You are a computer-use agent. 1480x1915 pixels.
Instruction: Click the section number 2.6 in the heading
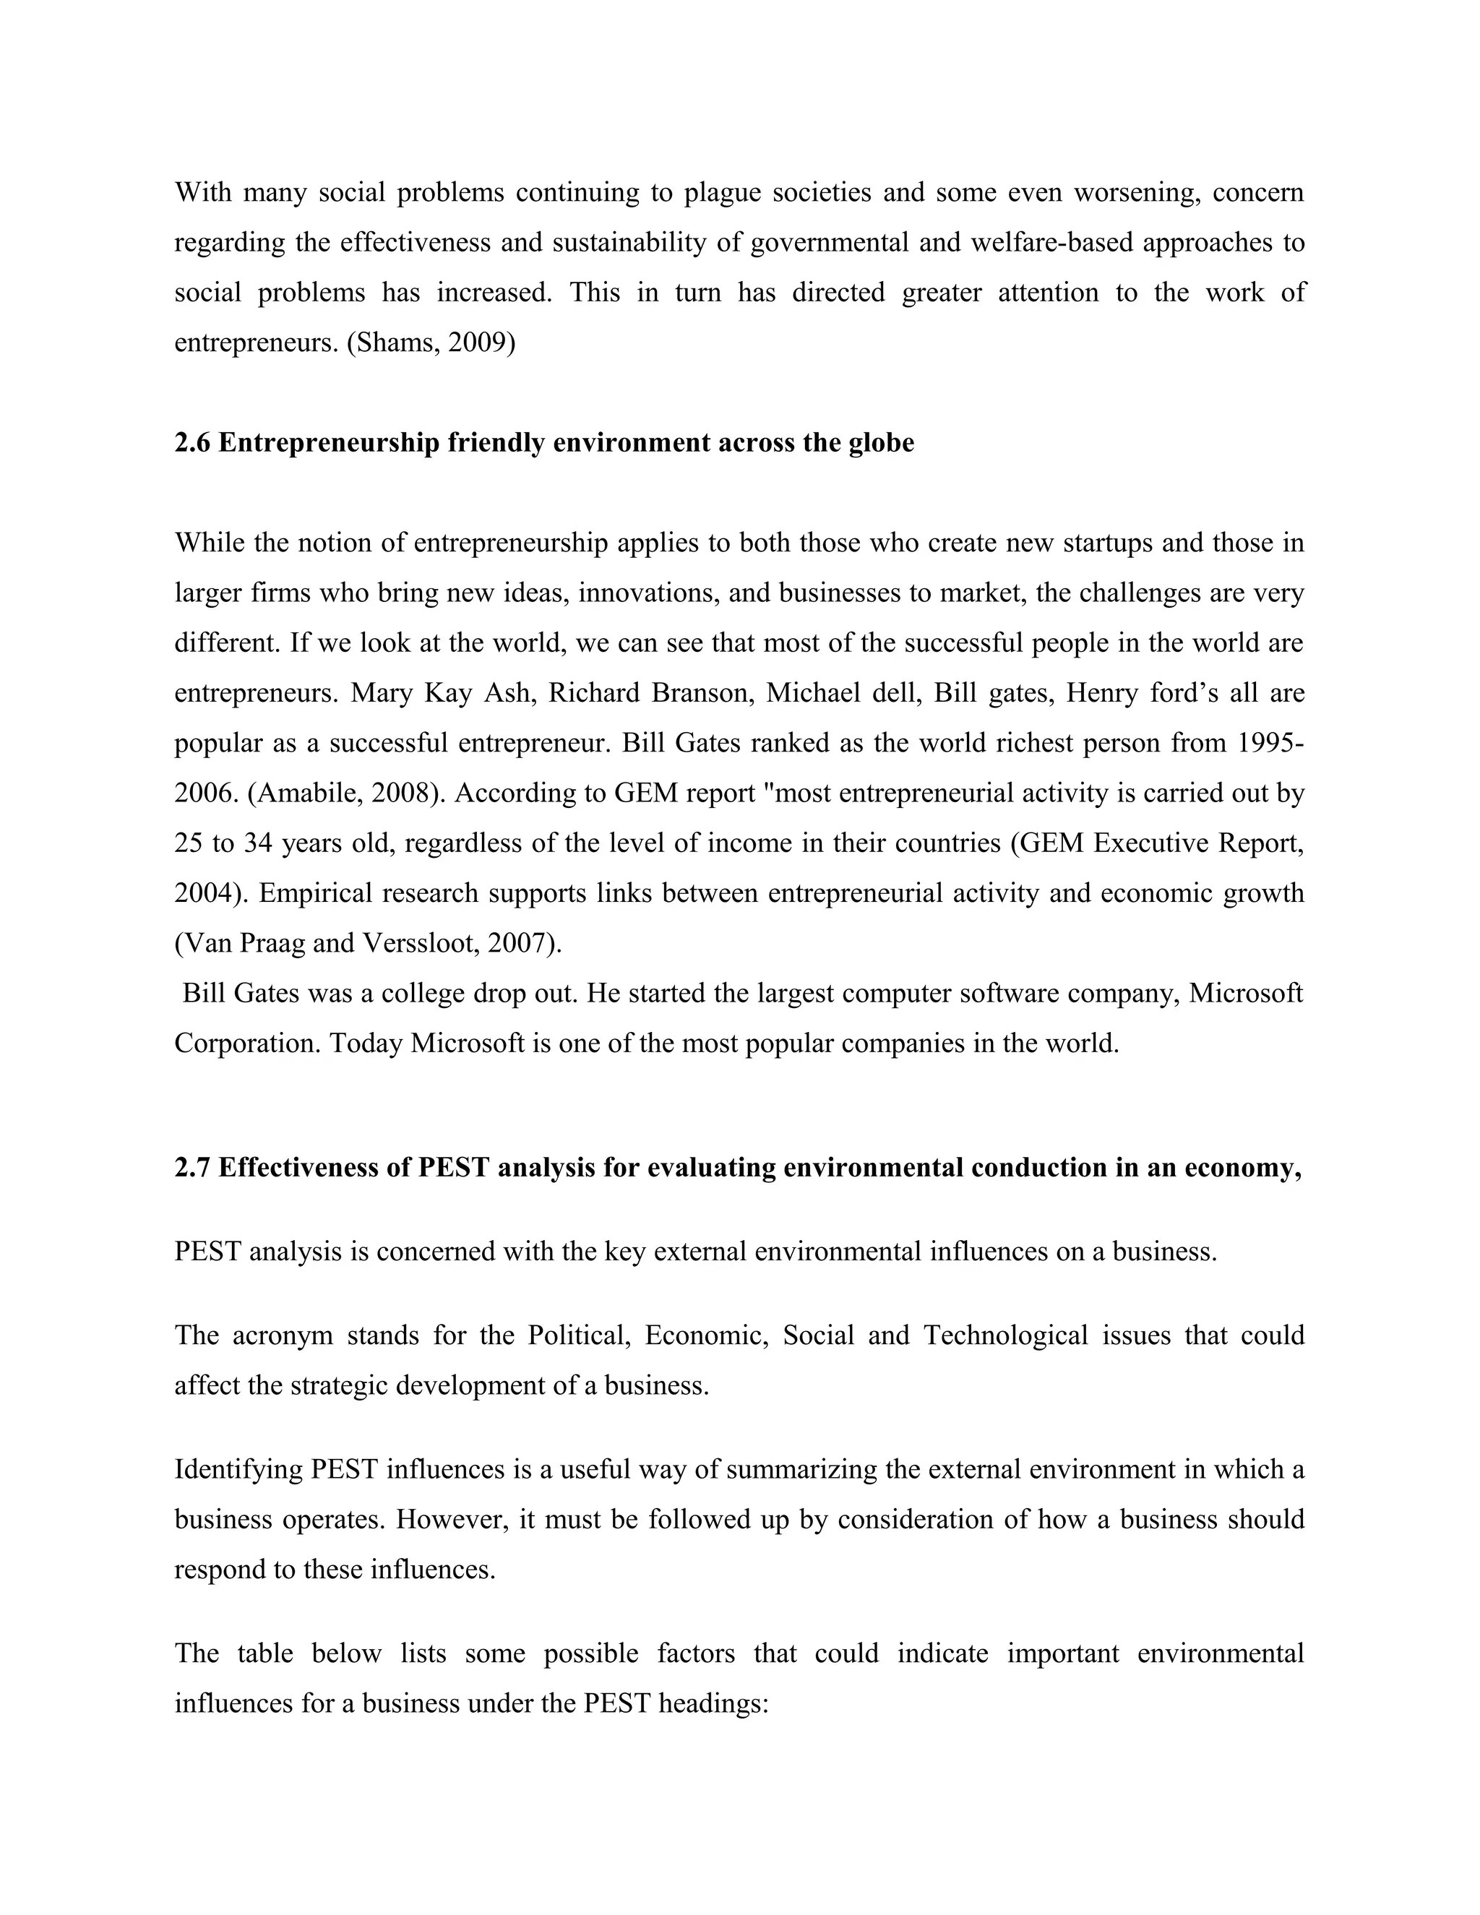tap(192, 443)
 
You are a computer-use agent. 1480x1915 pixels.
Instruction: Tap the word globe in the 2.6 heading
tap(880, 443)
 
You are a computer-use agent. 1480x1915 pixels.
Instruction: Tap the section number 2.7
tap(192, 1168)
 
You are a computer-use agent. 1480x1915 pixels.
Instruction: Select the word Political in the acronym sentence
tap(579, 1335)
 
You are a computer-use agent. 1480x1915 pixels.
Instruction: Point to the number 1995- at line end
tap(1269, 743)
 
